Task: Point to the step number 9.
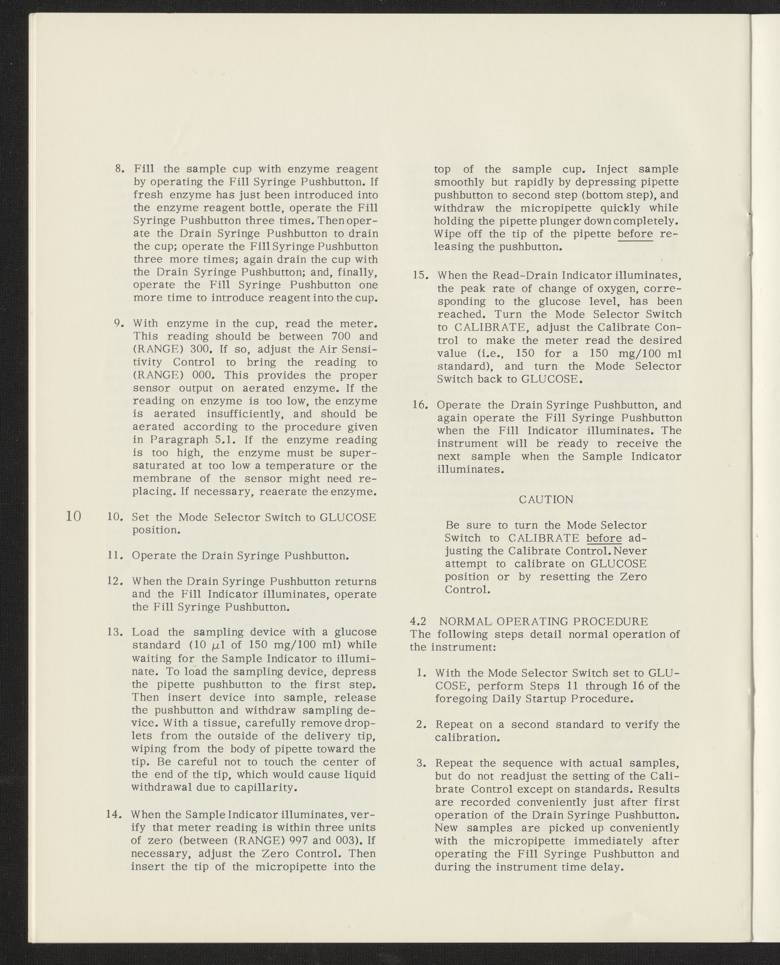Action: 119,323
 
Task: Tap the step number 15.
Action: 421,275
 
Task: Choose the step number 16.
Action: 421,405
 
